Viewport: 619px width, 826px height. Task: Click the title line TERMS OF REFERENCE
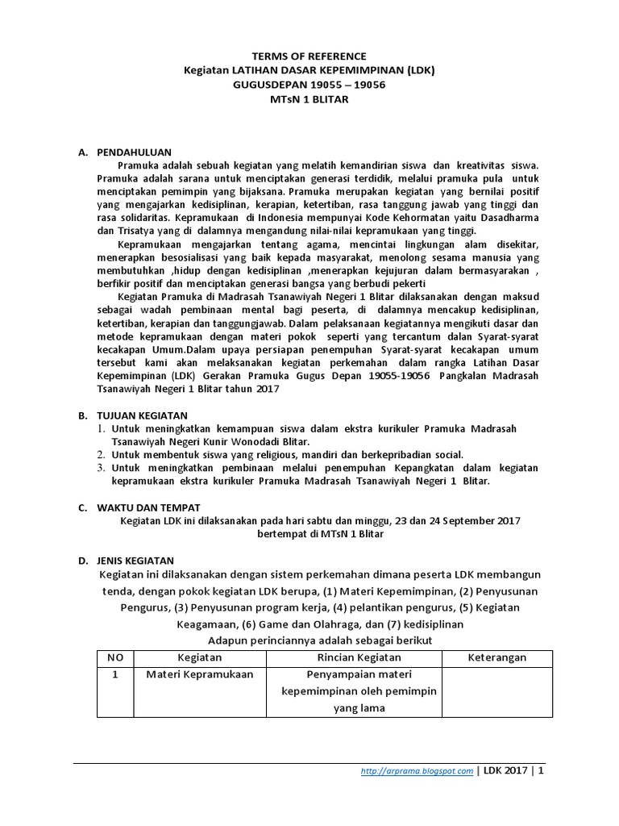[309, 56]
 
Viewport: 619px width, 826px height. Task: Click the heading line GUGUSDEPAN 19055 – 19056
[309, 84]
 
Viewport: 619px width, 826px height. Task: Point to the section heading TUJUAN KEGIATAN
[136, 415]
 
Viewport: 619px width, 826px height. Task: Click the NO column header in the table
[115, 657]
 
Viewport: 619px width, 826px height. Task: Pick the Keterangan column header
[496, 657]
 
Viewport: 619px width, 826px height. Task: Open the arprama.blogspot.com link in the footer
[416, 771]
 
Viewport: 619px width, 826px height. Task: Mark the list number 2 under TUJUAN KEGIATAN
[100, 454]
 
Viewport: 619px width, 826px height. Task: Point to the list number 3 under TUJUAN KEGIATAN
[100, 468]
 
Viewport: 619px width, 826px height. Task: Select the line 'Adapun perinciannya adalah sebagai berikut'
[320, 639]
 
